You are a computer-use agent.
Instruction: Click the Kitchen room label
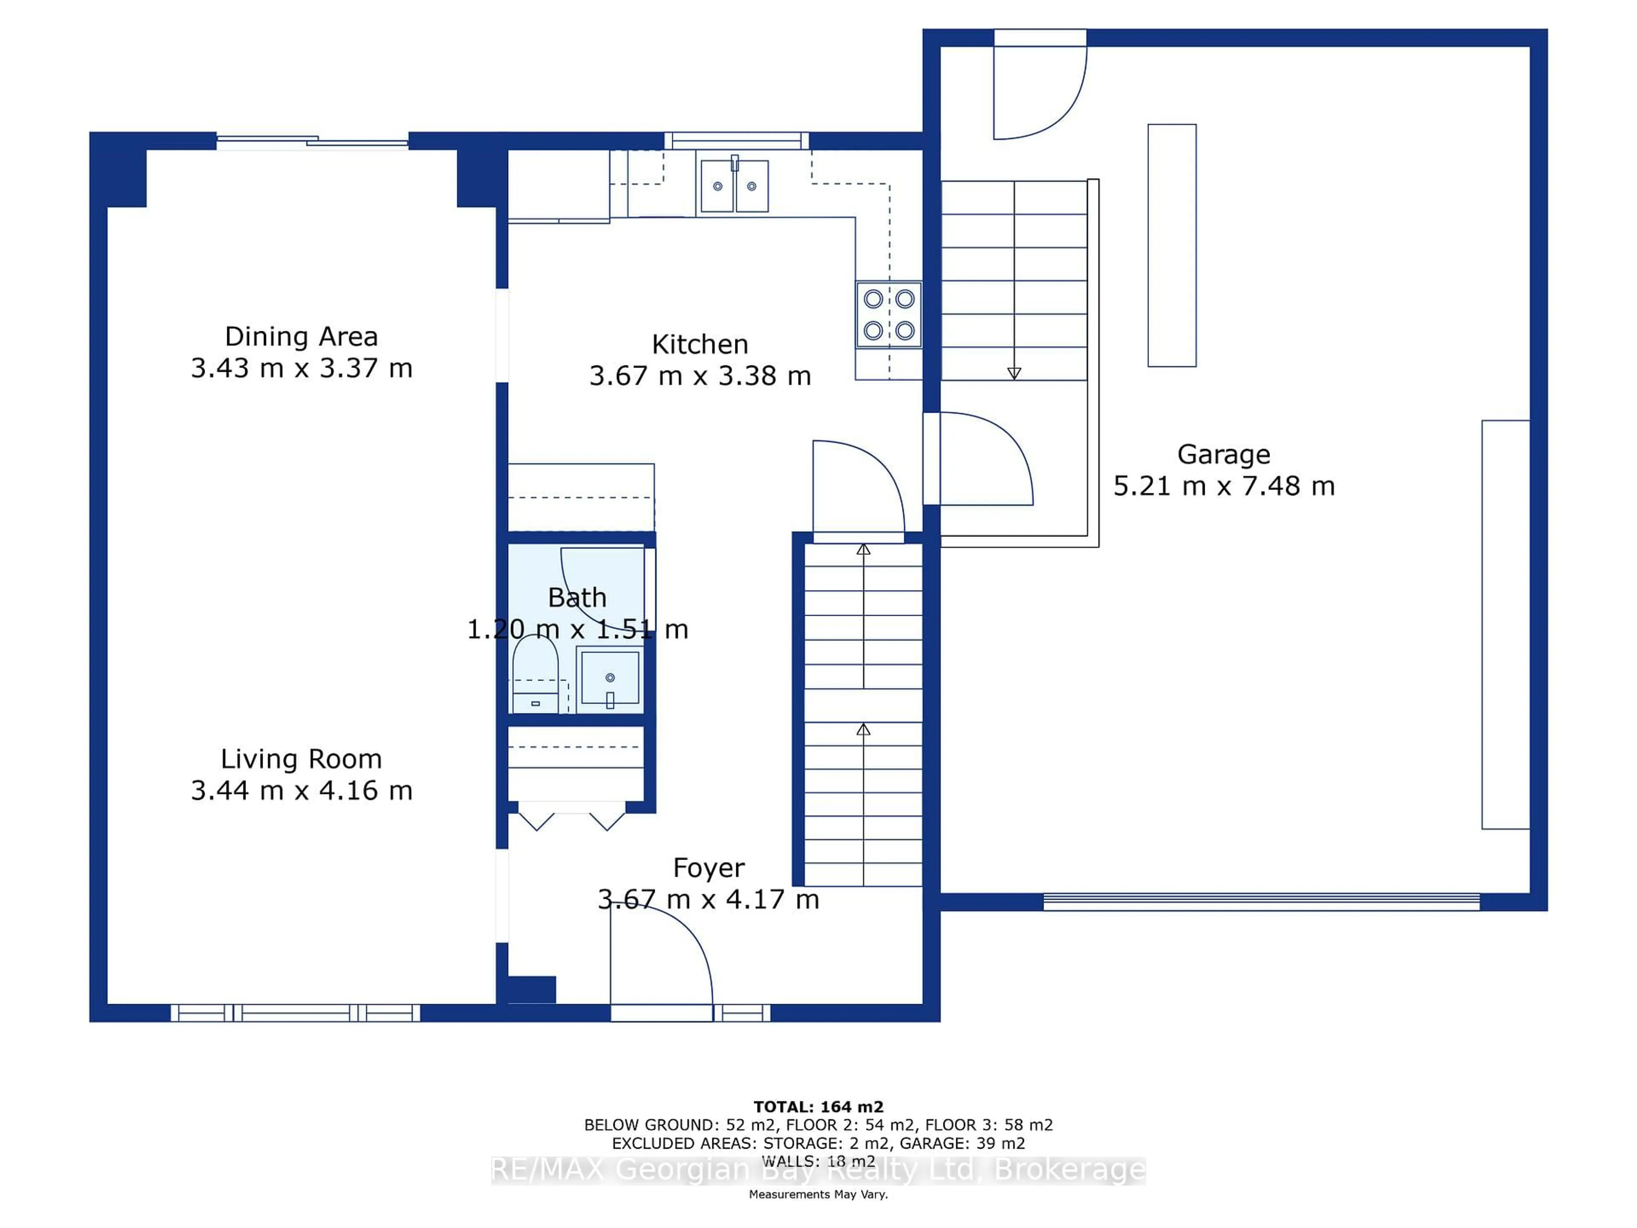pyautogui.click(x=700, y=344)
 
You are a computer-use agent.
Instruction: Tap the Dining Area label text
pyautogui.click(x=301, y=337)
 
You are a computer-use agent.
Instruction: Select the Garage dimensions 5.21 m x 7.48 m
pyautogui.click(x=1224, y=487)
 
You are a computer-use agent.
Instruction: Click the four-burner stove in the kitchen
pyautogui.click(x=889, y=315)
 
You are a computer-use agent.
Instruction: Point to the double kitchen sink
pyautogui.click(x=734, y=186)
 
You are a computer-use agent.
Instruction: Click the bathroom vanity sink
pyautogui.click(x=610, y=677)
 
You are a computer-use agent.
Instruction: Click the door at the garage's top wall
pyautogui.click(x=1038, y=85)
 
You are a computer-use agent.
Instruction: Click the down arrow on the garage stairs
pyautogui.click(x=1014, y=373)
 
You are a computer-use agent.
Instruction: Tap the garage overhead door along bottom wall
pyautogui.click(x=1261, y=901)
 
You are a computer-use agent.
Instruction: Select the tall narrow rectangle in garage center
pyautogui.click(x=1171, y=245)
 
